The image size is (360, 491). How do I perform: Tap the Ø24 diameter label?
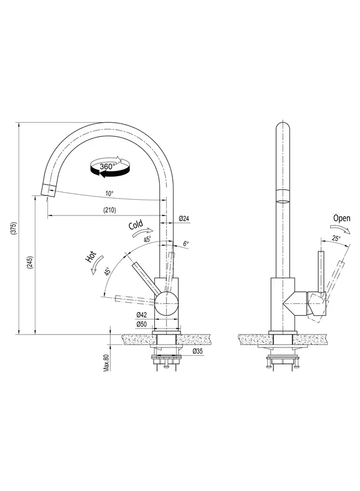184,219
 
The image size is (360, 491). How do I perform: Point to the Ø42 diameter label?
141,315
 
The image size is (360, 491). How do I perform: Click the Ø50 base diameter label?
141,324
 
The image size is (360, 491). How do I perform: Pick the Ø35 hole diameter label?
197,352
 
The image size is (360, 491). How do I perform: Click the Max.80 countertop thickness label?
106,362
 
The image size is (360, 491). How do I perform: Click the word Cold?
135,225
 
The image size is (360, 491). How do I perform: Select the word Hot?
91,257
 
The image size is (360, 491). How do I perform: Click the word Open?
341,218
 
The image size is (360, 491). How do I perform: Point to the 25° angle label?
335,238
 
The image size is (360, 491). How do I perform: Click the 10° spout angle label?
109,194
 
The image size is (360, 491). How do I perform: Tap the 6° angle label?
185,244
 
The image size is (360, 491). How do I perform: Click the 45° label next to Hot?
108,271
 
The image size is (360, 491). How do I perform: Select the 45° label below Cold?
147,239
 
